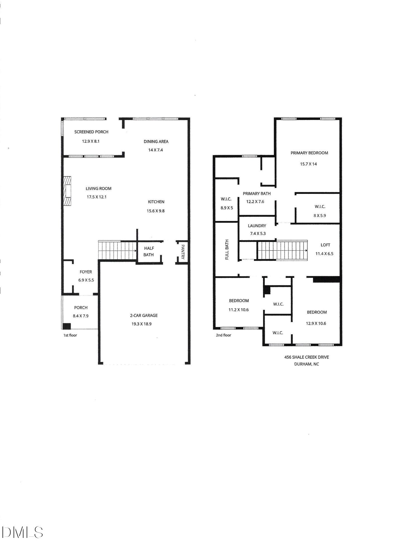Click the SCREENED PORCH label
click(91, 132)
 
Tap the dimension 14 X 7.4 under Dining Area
click(155, 150)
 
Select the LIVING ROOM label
click(98, 189)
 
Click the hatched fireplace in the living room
click(67, 191)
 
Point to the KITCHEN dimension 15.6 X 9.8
click(156, 211)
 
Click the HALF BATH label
click(149, 251)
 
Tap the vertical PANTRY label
click(183, 252)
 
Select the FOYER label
click(86, 272)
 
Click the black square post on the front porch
click(67, 326)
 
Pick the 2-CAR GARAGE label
click(144, 316)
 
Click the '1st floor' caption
click(70, 335)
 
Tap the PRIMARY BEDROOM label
click(309, 153)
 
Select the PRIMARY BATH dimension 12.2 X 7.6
click(255, 201)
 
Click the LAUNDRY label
click(257, 226)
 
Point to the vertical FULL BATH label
click(227, 249)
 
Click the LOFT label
click(325, 245)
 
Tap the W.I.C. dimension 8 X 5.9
click(320, 215)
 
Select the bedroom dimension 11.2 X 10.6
click(238, 310)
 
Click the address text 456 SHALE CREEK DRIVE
click(307, 357)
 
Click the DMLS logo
click(22, 532)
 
